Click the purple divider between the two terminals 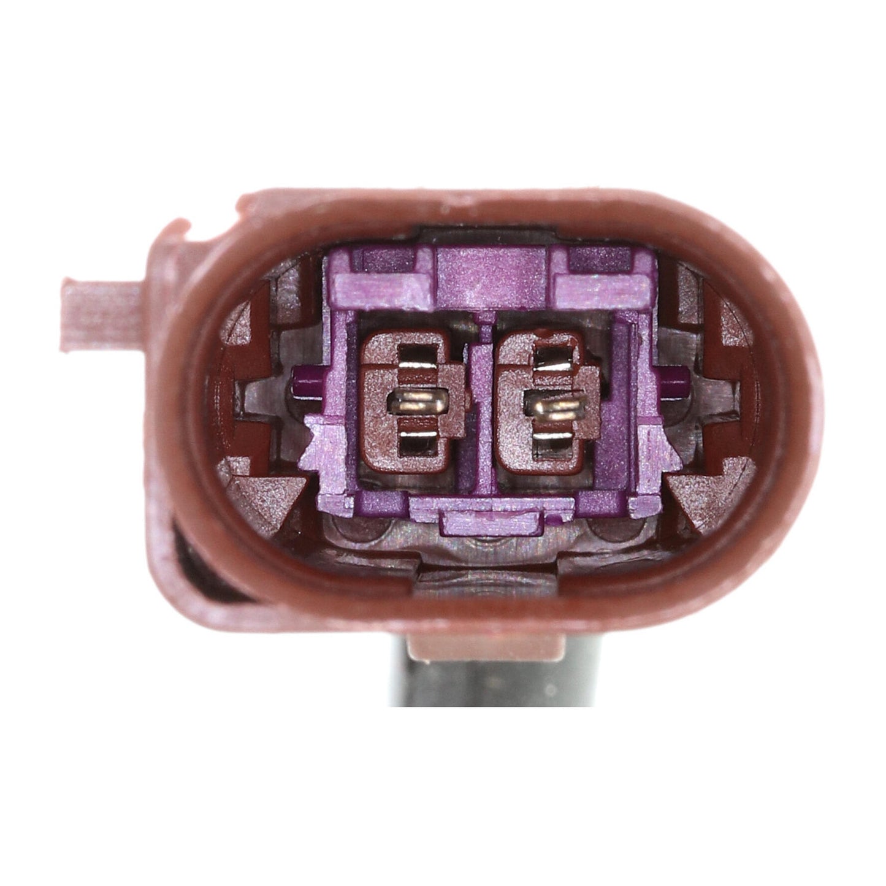484,399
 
